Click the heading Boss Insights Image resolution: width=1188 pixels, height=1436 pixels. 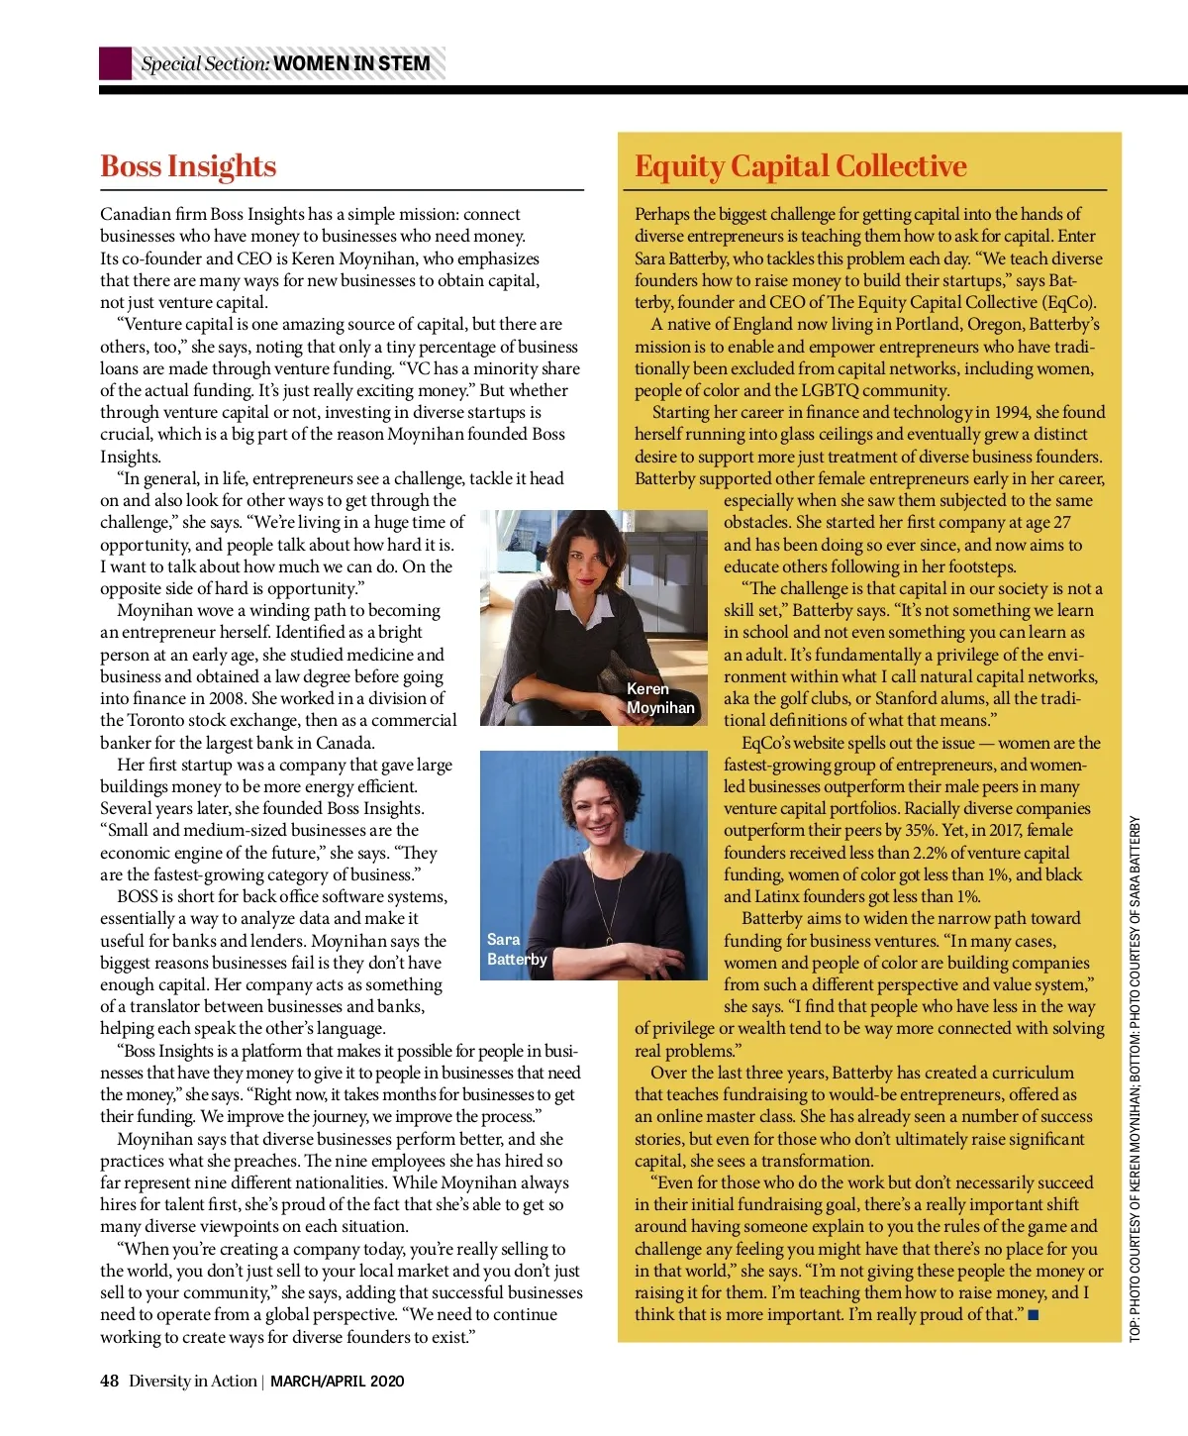[188, 166]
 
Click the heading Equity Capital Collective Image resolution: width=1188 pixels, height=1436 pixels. [800, 166]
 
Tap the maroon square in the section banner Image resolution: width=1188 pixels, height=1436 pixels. [115, 63]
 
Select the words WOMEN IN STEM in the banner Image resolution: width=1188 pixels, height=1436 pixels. [351, 64]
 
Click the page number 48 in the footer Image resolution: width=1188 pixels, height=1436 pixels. [109, 1381]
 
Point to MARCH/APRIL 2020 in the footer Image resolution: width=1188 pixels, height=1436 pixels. [337, 1381]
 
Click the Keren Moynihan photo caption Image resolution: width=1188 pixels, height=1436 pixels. [659, 698]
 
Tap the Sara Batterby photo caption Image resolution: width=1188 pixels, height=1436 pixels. [516, 949]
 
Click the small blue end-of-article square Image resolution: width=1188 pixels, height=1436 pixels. [1034, 1315]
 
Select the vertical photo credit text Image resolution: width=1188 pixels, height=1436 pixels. [1136, 1079]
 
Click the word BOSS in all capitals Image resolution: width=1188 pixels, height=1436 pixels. [138, 896]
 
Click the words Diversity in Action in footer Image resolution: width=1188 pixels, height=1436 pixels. [192, 1381]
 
